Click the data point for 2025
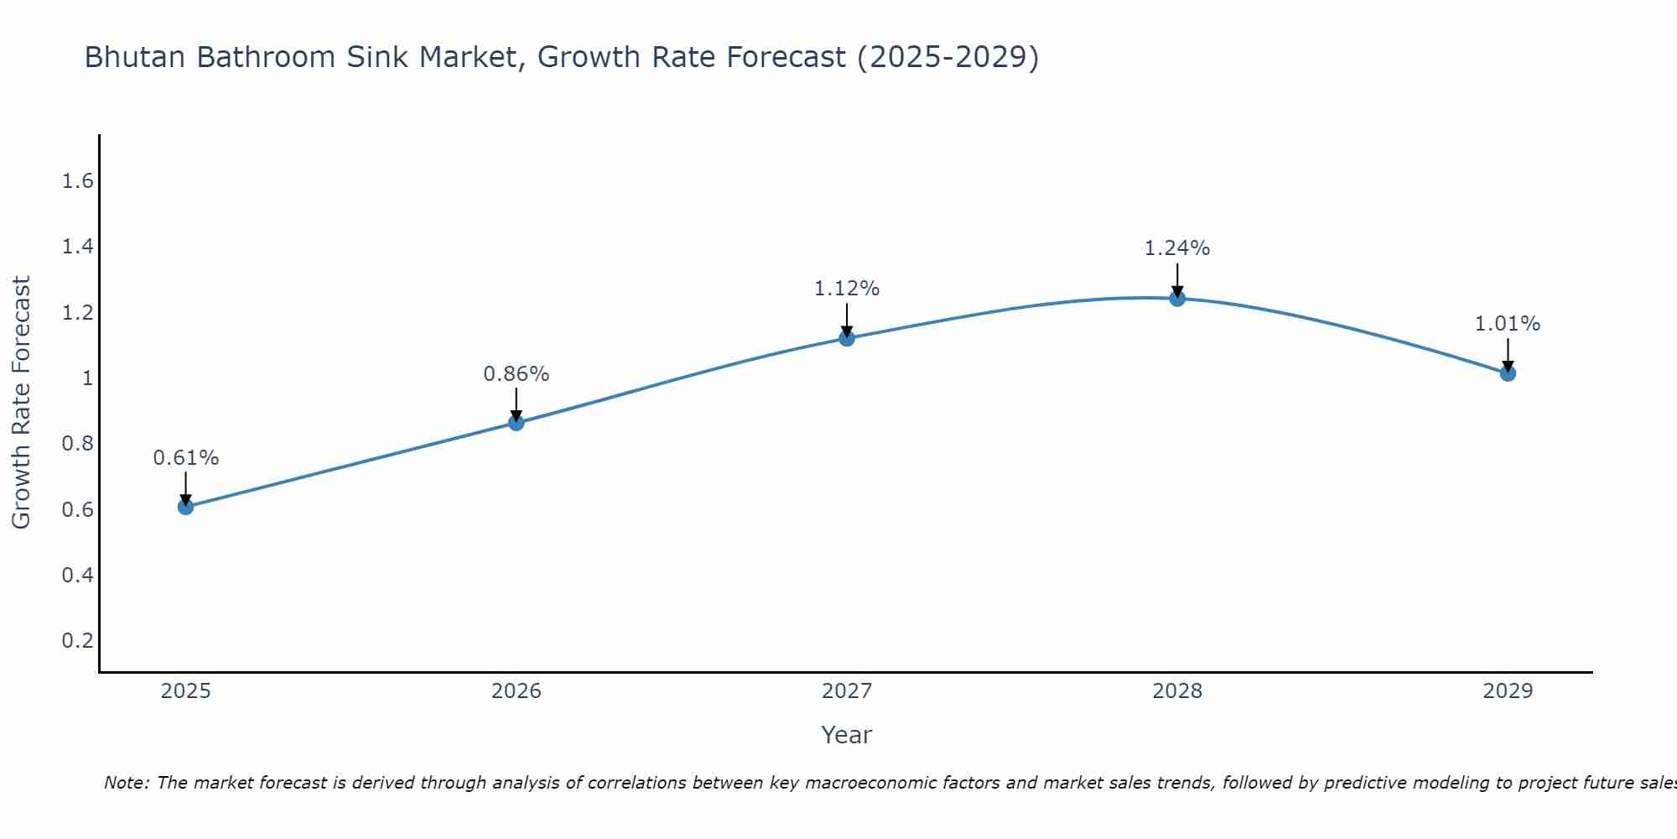185,507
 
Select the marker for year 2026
517,423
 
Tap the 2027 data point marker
847,338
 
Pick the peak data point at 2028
1177,298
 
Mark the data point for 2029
1508,373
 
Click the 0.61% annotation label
185,458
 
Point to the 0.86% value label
517,374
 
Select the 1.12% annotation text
847,289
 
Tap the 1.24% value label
1177,248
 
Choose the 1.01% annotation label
1508,324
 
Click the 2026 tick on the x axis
517,691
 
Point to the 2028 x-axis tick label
1177,691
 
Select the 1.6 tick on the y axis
78,181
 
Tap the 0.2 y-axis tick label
78,641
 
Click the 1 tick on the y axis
87,378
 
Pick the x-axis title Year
847,735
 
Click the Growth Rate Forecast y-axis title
21,403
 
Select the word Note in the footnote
126,783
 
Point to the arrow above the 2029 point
1508,354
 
